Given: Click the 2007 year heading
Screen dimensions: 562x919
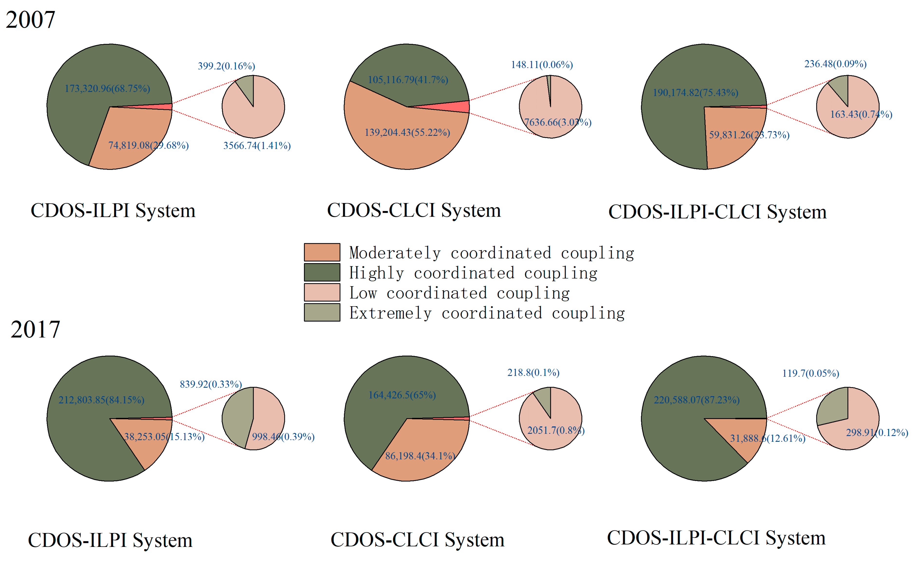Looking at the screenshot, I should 31,19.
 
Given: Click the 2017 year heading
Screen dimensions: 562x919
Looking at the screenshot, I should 36,329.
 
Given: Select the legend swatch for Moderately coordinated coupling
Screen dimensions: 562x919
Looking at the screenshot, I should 322,252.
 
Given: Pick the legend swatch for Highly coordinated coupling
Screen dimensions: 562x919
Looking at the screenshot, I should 322,272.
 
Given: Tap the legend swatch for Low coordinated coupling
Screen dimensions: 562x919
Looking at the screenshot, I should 322,292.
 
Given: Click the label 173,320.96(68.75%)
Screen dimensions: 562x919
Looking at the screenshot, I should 107,88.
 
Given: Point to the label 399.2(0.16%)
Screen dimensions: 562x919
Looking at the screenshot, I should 226,66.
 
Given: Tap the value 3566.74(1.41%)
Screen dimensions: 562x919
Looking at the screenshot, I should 257,146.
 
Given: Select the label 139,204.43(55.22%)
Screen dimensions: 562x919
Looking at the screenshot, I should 407,132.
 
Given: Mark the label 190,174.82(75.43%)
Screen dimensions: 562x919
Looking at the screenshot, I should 695,92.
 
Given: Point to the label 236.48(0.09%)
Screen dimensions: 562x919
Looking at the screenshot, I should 835,64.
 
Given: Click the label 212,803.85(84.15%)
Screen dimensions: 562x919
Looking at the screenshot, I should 101,400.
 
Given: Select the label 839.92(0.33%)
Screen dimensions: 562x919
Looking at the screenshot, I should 211,384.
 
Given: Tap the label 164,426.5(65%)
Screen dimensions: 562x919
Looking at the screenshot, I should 402,395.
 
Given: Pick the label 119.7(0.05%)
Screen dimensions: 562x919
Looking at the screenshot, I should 810,373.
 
